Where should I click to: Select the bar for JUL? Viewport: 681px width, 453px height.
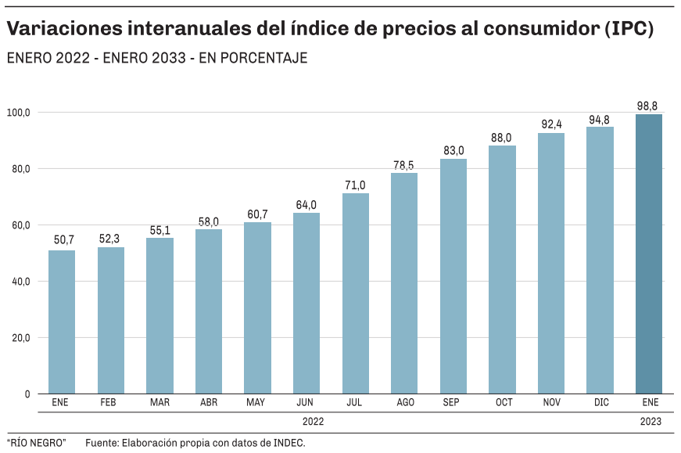coord(356,293)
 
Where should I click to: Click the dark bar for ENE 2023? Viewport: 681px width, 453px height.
coord(649,254)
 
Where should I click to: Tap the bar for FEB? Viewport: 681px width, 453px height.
coord(111,320)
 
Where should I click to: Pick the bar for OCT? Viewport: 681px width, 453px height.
coord(502,269)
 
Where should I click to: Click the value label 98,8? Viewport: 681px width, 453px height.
coord(649,106)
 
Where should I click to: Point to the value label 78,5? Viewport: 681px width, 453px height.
coord(404,164)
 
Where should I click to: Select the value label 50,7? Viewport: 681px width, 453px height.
coord(63,240)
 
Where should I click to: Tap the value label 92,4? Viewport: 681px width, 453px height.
coord(551,124)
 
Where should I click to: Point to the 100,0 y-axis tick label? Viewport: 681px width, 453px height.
coord(18,113)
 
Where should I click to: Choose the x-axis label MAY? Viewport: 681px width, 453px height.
coord(256,403)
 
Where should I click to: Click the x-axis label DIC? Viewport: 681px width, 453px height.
coord(600,403)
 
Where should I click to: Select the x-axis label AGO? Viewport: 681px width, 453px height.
coord(405,403)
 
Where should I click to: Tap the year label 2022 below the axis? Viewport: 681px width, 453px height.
coord(313,422)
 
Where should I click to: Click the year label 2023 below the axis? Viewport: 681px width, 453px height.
coord(649,422)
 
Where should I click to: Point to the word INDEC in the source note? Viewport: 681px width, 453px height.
coord(288,443)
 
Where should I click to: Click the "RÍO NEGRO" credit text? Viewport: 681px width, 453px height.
coord(37,443)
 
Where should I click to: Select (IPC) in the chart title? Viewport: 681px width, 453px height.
coord(628,29)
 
